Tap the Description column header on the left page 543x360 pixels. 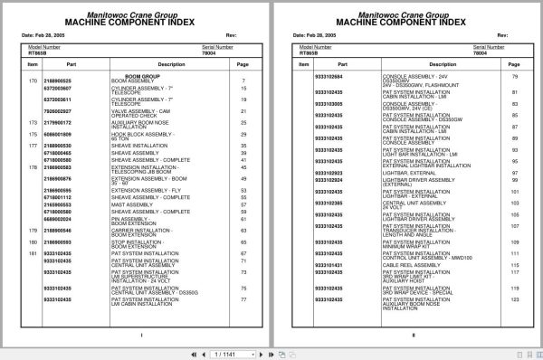click(x=147, y=65)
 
